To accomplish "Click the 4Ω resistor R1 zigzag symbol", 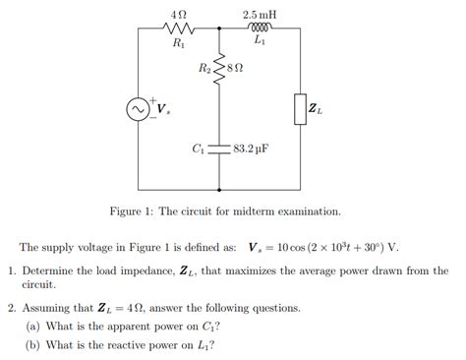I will (178, 30).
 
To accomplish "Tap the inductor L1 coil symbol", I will (259, 30).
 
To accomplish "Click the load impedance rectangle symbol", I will (298, 109).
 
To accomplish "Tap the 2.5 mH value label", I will (259, 15).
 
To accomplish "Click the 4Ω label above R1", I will (178, 15).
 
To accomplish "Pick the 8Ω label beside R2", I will (235, 69).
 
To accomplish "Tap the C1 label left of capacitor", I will (199, 150).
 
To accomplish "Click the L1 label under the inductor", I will (259, 42).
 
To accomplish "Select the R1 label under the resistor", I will (178, 43).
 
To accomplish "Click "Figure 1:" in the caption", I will (134, 211).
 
